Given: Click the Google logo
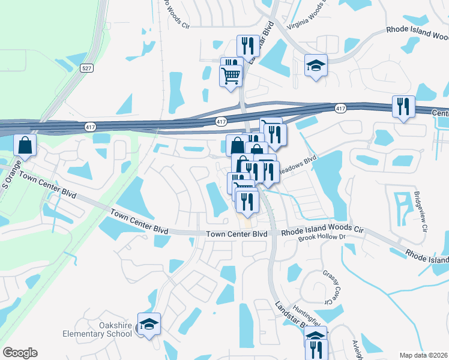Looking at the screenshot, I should click(20, 353).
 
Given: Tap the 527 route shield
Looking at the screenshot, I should click(87, 68).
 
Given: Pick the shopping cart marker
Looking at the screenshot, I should click(231, 76).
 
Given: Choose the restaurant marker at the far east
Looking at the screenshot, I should click(403, 107).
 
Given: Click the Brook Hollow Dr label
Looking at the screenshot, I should click(324, 238).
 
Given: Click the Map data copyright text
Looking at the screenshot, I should click(424, 355).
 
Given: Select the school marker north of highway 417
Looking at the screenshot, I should click(315, 65).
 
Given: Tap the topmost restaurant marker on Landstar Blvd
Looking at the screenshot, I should click(247, 46).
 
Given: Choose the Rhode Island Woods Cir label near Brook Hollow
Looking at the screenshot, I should click(323, 229).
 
